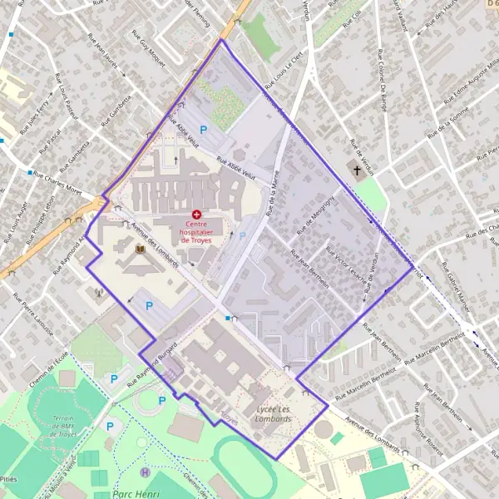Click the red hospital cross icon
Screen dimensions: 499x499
[x=196, y=215]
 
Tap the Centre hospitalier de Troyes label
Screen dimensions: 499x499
[x=199, y=231]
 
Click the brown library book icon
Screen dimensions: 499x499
[x=141, y=248]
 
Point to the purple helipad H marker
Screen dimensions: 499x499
[x=146, y=472]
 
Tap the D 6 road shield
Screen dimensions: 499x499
[x=490, y=6]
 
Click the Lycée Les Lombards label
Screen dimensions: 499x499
[x=274, y=414]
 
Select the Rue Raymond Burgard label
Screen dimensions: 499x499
[x=154, y=362]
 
